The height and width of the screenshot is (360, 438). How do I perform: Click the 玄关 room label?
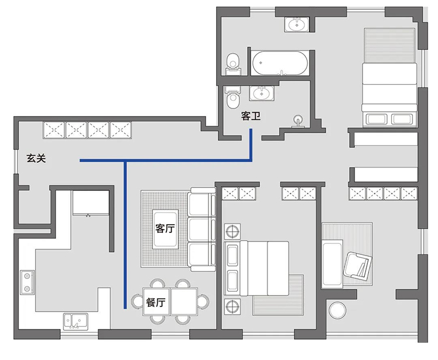tap(36, 158)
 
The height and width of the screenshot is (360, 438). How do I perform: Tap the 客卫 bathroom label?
tap(251, 116)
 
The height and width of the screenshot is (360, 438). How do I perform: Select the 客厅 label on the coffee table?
tap(165, 228)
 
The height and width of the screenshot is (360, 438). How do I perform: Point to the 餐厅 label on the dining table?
tap(155, 302)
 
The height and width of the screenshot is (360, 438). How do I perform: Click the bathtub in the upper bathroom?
tap(280, 63)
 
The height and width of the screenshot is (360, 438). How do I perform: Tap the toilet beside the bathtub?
tap(233, 64)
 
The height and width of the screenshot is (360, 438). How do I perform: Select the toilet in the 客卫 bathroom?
tap(232, 97)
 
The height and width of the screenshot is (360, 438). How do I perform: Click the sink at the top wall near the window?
tap(297, 25)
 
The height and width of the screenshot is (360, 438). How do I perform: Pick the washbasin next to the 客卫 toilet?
tap(262, 93)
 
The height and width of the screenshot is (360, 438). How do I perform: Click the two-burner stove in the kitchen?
tap(27, 282)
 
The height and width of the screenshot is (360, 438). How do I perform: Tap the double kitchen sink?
tap(75, 321)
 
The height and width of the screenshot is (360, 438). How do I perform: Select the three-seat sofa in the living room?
tap(201, 229)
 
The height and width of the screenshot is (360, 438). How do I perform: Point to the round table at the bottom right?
tap(338, 310)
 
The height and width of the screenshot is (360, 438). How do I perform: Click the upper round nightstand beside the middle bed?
tap(232, 231)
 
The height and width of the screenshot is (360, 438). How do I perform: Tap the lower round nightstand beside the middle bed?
tap(232, 306)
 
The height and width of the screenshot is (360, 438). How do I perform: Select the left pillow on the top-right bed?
tap(376, 119)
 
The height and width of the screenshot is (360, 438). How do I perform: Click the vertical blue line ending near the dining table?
tap(126, 235)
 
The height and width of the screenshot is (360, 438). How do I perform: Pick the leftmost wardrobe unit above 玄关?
tap(54, 130)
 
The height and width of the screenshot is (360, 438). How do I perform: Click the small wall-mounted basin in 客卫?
tap(298, 122)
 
